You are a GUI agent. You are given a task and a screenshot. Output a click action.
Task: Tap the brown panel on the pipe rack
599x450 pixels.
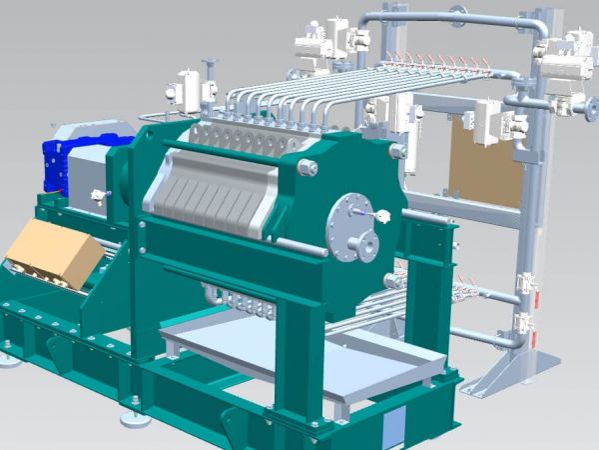pos(485,161)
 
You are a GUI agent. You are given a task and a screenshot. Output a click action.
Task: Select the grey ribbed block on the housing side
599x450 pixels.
pos(209,196)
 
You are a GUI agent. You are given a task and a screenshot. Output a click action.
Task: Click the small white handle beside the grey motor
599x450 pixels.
pos(97,195)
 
